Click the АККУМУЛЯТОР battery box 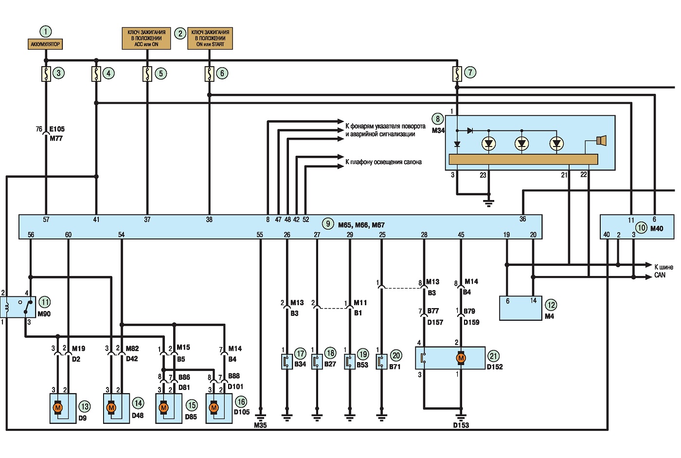[x=45, y=44]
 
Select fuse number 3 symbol [x=46, y=74]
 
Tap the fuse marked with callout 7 [x=457, y=74]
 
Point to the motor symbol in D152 [x=461, y=358]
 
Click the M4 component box [x=520, y=308]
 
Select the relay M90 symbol [x=18, y=307]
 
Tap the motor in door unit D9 [x=58, y=407]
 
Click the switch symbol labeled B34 [x=287, y=362]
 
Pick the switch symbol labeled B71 [x=381, y=362]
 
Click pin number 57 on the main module [x=46, y=220]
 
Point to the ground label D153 [x=461, y=425]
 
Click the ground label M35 [x=260, y=425]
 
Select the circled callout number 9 [x=328, y=224]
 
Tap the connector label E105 [x=57, y=129]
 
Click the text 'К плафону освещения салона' [x=383, y=162]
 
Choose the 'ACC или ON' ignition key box [x=146, y=38]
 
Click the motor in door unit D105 [x=214, y=407]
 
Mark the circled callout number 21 [x=493, y=356]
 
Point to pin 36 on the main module [x=522, y=219]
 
